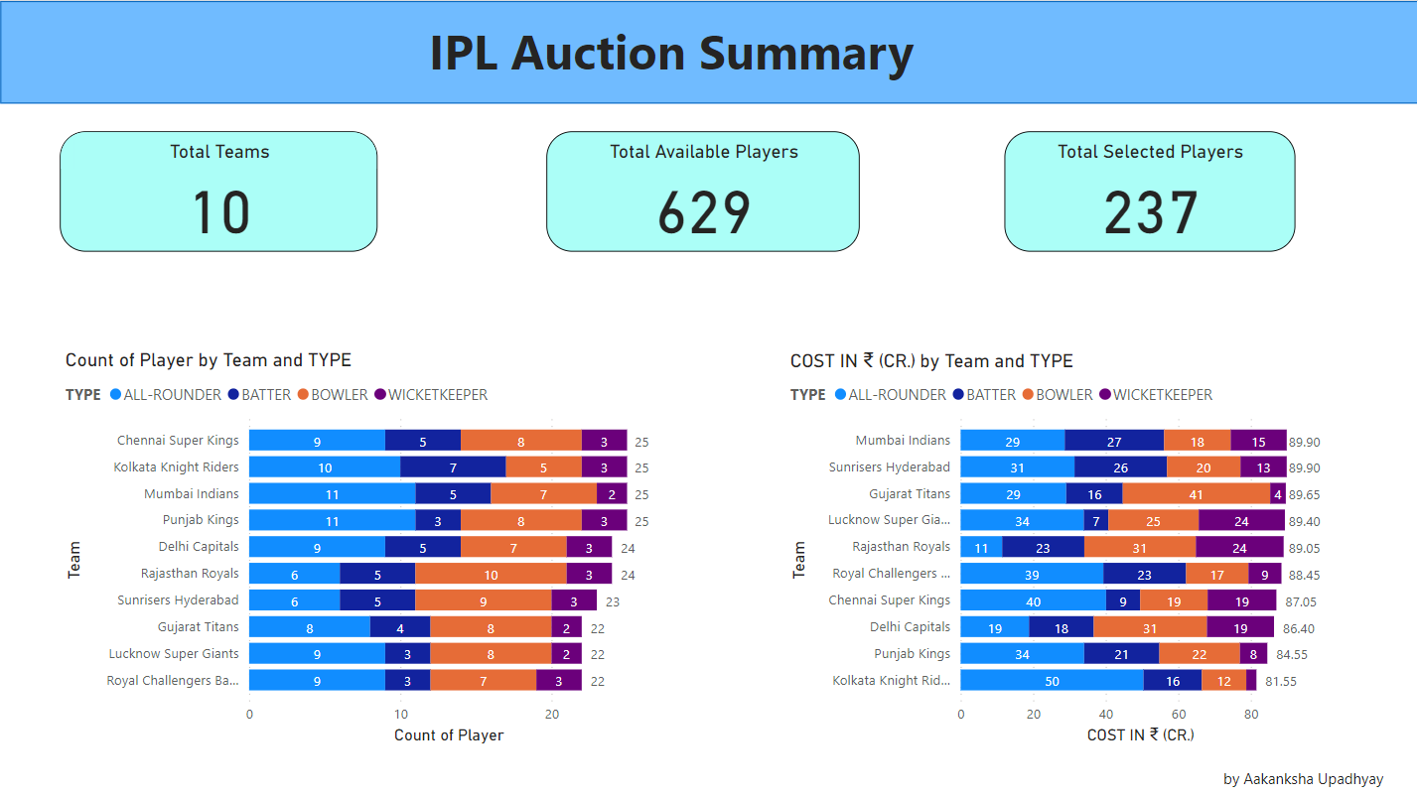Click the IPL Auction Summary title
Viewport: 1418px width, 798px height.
(x=671, y=54)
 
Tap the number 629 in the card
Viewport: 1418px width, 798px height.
(x=703, y=211)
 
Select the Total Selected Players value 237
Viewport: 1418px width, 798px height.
(x=1150, y=211)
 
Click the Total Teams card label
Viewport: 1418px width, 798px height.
(x=219, y=152)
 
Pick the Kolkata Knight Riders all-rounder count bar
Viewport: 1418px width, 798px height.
(x=325, y=467)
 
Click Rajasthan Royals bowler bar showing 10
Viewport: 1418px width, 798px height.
(x=491, y=575)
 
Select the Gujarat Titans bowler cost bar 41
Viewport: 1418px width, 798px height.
(x=1196, y=494)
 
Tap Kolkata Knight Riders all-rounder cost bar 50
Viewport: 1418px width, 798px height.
(x=1052, y=681)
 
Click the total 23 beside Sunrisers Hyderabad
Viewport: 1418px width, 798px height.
(x=613, y=601)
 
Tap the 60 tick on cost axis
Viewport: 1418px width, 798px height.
(x=1179, y=714)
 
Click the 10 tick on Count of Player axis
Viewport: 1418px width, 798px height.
(x=400, y=714)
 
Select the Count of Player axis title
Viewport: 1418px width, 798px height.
(x=449, y=735)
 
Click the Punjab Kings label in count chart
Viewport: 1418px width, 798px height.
(x=201, y=520)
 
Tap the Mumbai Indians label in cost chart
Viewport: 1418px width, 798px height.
(x=903, y=441)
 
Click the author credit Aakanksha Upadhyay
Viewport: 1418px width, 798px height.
(x=1303, y=779)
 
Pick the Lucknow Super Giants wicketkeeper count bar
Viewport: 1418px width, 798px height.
(x=566, y=655)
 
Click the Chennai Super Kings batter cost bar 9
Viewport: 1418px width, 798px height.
(x=1122, y=600)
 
